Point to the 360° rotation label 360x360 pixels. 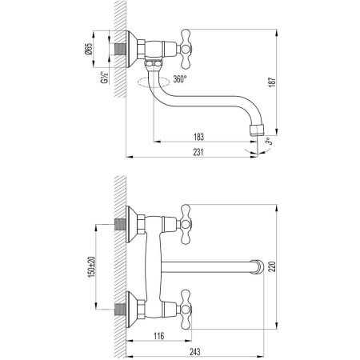(x=180, y=79)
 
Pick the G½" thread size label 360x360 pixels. (x=104, y=82)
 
